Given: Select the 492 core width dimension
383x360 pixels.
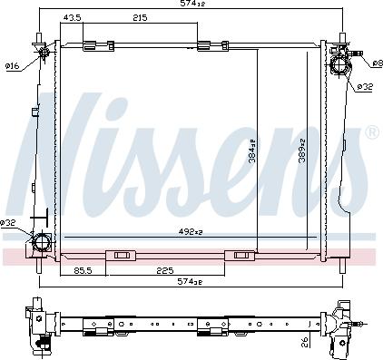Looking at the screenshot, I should (191, 231).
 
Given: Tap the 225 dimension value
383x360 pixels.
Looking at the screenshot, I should (164, 269).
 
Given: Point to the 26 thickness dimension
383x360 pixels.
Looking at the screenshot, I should (306, 342).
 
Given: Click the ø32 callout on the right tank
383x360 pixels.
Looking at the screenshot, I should (364, 87).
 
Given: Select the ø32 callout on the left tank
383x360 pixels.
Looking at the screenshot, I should (8, 223).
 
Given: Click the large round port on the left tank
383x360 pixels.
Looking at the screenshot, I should (41, 243).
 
